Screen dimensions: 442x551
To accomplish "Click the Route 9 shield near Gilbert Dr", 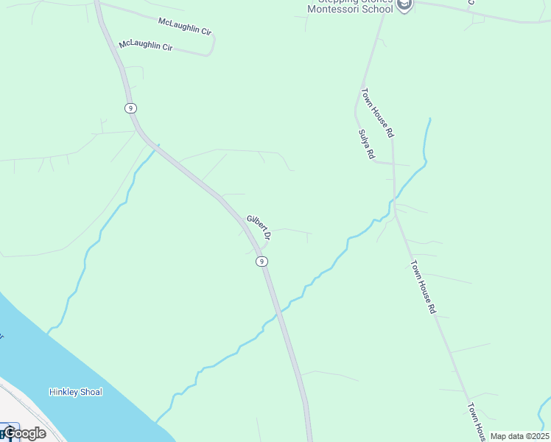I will coord(261,262).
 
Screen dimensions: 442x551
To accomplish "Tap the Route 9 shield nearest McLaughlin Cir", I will coord(130,108).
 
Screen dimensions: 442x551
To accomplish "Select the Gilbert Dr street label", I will coord(259,228).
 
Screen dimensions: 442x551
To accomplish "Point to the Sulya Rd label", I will coord(367,144).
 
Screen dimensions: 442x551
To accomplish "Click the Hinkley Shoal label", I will coord(75,392).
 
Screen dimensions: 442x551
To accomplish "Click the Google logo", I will coord(24,433).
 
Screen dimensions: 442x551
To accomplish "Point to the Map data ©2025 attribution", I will coord(519,436).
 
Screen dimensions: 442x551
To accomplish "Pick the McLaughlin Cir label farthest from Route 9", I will coord(185,31).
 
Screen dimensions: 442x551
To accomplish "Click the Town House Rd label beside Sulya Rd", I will coord(378,113).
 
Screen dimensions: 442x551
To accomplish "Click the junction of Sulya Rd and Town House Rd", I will coord(393,164).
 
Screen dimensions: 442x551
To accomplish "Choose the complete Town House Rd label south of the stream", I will coord(424,287).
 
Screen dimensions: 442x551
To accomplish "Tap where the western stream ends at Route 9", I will coord(155,146).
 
